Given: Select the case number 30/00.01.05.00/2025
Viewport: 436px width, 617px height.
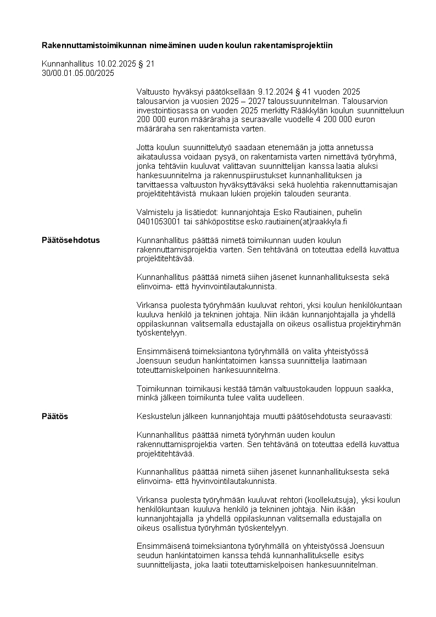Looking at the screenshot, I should coord(78,73).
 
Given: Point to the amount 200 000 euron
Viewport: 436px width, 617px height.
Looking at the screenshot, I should coord(162,119).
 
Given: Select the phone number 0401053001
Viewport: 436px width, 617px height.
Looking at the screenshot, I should coord(158,222).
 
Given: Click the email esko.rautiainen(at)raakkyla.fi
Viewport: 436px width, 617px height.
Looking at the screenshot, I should coord(301,222).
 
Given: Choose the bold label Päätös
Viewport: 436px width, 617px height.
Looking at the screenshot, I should coord(55,416).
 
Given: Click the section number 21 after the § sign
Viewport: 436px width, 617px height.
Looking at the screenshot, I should coord(150,64).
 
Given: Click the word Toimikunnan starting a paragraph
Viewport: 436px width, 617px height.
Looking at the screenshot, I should coord(160,388).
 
